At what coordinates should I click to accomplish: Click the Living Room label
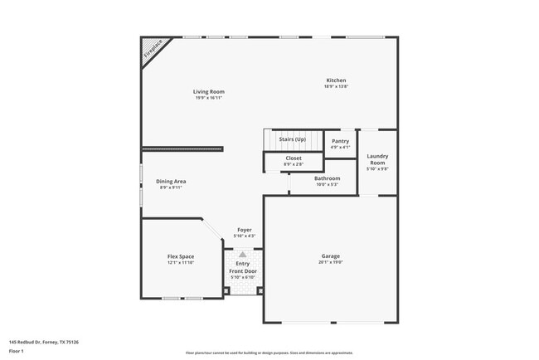(209, 91)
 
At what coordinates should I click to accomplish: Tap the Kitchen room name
(336, 80)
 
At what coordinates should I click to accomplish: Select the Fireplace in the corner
(152, 50)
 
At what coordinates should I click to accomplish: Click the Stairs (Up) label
(294, 141)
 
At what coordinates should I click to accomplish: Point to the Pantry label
(340, 141)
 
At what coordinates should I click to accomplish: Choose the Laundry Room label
(377, 158)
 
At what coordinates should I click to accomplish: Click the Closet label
(294, 158)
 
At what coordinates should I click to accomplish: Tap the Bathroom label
(327, 178)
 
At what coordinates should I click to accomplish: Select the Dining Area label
(172, 181)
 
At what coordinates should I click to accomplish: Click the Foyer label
(245, 230)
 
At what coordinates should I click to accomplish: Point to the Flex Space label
(181, 257)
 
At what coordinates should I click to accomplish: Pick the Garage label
(331, 256)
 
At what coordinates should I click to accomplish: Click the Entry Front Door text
(242, 267)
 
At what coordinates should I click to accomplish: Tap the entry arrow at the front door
(242, 255)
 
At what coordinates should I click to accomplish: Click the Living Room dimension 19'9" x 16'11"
(209, 98)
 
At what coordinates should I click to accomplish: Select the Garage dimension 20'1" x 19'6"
(331, 263)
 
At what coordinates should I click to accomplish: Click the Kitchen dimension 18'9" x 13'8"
(336, 86)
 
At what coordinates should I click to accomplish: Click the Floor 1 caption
(17, 349)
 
